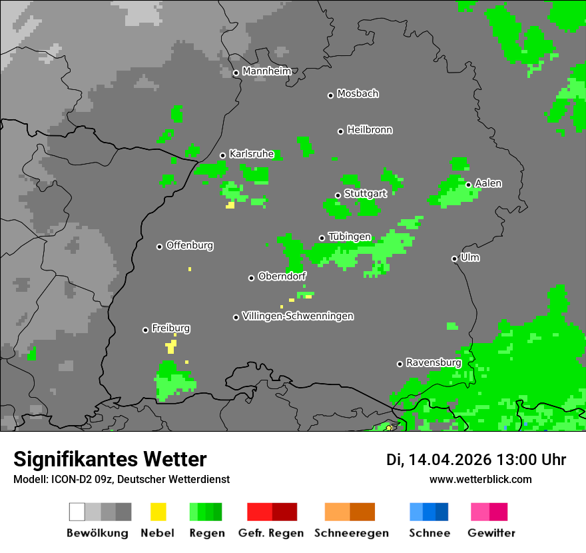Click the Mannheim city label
(267, 71)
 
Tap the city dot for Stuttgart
(338, 195)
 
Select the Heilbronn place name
(370, 130)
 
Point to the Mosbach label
(358, 94)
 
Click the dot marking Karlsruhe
(223, 156)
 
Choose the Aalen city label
(488, 183)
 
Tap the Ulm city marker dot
(455, 259)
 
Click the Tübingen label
(350, 237)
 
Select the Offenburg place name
(190, 245)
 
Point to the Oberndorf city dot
(252, 278)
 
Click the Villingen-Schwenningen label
(298, 316)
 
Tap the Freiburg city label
(170, 328)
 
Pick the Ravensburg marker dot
(400, 364)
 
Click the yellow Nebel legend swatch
(158, 512)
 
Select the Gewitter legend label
(491, 533)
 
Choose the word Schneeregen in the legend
(352, 533)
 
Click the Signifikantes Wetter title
(110, 459)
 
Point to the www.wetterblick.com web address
(481, 479)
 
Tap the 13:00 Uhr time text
(531, 460)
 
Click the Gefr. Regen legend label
(271, 533)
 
